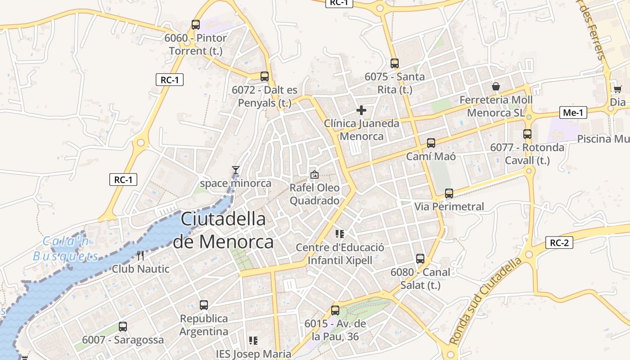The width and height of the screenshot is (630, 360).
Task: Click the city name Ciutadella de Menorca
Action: [x=223, y=230]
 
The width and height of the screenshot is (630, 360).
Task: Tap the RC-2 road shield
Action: [x=559, y=243]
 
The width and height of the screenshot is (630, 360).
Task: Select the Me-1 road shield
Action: [x=573, y=112]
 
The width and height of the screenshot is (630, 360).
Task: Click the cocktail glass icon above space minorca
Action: [x=235, y=170]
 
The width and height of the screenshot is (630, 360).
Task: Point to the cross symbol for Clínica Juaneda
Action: [x=361, y=110]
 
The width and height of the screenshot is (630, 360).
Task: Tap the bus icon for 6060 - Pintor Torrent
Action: [x=195, y=25]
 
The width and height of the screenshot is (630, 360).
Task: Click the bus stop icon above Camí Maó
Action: [x=431, y=143]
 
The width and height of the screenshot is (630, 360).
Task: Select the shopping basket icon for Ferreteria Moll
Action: [x=495, y=86]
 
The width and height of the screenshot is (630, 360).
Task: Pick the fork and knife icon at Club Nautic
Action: [x=140, y=256]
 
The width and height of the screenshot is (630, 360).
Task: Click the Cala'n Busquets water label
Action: [x=66, y=249]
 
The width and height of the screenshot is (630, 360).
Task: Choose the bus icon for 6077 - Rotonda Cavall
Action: [x=527, y=134]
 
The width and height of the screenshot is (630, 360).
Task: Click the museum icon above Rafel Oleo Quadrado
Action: [x=314, y=174]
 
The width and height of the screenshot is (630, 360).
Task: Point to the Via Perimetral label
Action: [x=449, y=207]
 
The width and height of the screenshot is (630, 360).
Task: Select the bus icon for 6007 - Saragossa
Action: [x=122, y=327]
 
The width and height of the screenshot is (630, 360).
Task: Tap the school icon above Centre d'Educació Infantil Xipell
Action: [x=340, y=234]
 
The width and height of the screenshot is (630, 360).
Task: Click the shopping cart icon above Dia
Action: [x=617, y=89]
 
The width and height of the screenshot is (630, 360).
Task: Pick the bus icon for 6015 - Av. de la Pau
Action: [x=335, y=310]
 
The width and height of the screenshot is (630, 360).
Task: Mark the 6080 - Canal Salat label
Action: [x=420, y=279]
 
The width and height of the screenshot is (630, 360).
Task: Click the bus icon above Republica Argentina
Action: [x=203, y=305]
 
